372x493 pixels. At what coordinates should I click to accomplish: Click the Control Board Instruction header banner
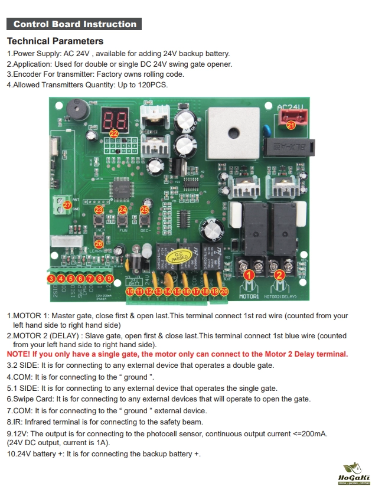click(x=74, y=24)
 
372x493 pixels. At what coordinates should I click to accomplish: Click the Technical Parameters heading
click(x=55, y=41)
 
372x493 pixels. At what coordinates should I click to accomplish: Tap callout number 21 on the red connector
click(x=291, y=125)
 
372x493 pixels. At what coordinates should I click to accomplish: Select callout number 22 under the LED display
click(x=114, y=134)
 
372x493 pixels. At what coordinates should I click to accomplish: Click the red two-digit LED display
click(x=114, y=120)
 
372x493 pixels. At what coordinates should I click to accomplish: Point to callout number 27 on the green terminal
click(x=68, y=205)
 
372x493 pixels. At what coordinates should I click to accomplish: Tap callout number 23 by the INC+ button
click(x=99, y=210)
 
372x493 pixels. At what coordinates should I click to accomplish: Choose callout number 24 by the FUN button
click(x=123, y=210)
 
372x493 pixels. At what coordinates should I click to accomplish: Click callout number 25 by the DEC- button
click(x=145, y=210)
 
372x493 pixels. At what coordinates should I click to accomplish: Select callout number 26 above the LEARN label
click(x=99, y=243)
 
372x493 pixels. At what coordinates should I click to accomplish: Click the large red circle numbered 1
click(x=250, y=275)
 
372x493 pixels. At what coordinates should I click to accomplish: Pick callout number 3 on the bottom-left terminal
click(x=52, y=279)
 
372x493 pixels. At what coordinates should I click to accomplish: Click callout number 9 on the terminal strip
click(x=109, y=279)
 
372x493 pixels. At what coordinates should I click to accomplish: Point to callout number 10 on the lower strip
click(x=130, y=291)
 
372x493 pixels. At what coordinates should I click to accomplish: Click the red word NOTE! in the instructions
click(x=18, y=354)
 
